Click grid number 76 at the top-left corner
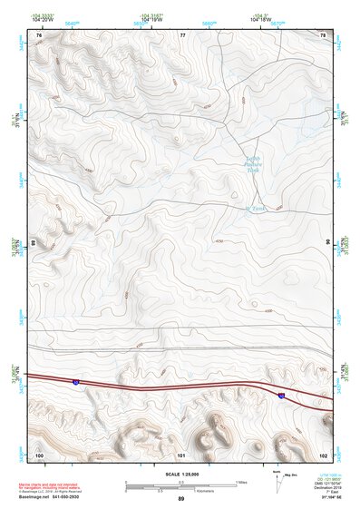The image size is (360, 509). pos(38,34)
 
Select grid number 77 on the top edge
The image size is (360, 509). pos(182,34)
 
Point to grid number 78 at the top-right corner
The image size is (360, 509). pos(324,34)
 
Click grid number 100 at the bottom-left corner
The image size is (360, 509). pos(38,454)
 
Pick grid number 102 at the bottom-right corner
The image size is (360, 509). pos(323,454)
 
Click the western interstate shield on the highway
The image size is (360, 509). pos(77,383)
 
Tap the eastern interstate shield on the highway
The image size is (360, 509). pos(282,396)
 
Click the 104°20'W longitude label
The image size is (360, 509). pos(42,20)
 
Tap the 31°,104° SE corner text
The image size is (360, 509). pos(336,498)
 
